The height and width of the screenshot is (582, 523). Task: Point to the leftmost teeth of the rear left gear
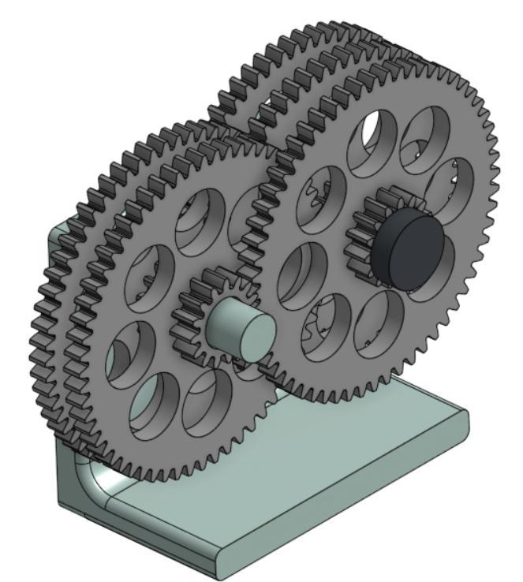click(x=35, y=355)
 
